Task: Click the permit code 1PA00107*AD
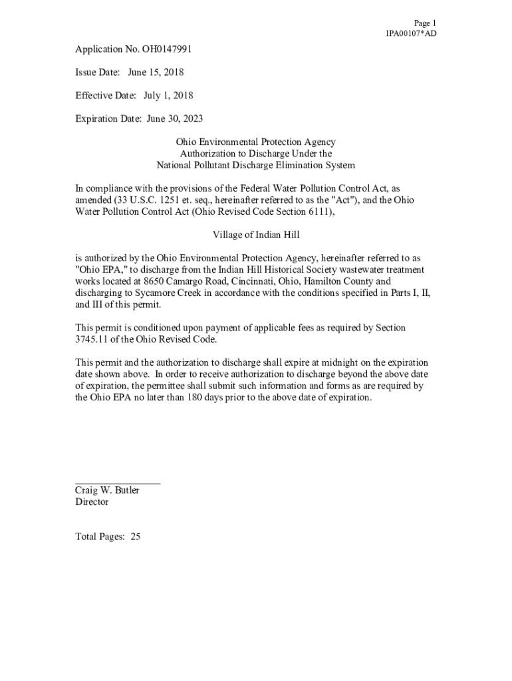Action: click(411, 33)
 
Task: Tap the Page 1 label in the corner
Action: click(425, 23)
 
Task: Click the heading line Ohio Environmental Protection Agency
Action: click(255, 142)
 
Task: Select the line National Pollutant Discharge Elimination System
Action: click(255, 165)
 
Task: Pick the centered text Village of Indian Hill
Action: click(255, 235)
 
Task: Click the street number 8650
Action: click(156, 281)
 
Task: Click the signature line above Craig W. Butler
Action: click(118, 483)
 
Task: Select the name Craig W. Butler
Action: click(107, 491)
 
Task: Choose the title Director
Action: click(92, 502)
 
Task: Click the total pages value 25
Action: click(135, 537)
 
